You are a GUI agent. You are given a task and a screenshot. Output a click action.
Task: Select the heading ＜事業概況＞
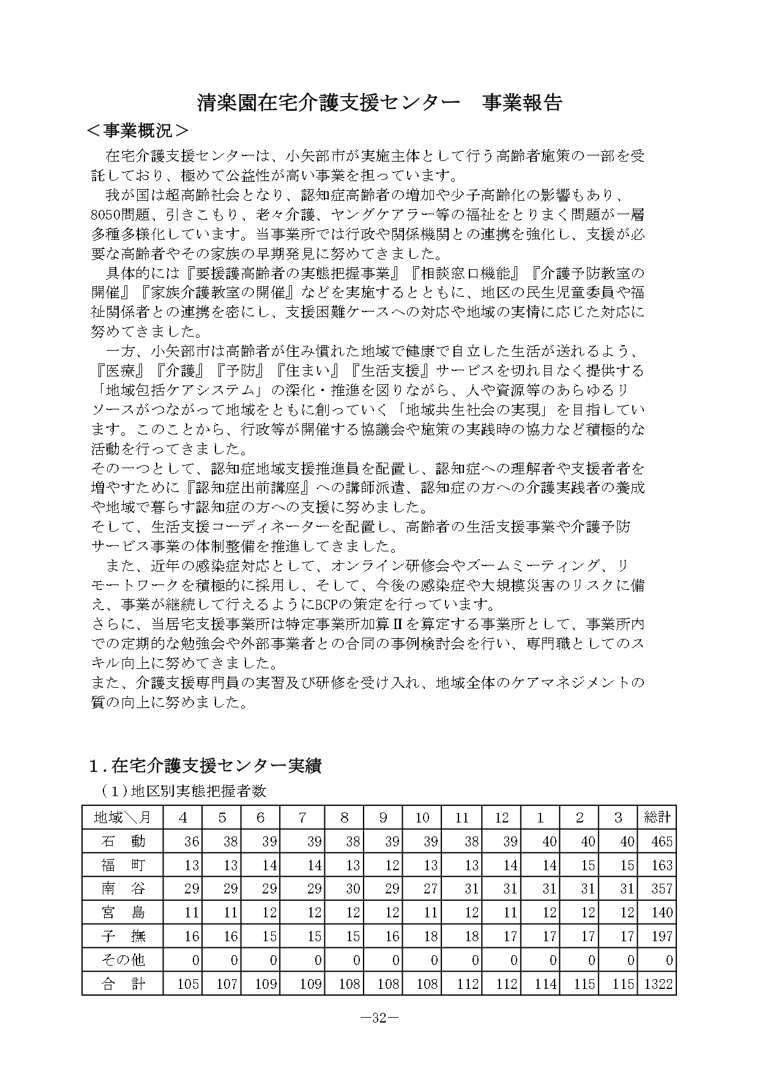coord(137,131)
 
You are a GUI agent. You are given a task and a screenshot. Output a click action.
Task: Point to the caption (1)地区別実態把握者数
coord(184,791)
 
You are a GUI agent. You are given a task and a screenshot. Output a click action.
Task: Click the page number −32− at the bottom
coord(379,1018)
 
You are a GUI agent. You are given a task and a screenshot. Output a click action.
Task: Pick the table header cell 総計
coord(657,817)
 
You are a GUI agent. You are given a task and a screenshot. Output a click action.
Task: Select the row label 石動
coord(122,841)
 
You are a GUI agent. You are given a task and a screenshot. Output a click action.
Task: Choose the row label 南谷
coord(122,889)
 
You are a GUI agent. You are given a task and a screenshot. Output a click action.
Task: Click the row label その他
coord(122,960)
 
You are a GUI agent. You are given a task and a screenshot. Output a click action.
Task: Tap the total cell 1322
coord(659,983)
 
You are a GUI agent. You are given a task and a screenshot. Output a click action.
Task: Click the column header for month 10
coord(422,817)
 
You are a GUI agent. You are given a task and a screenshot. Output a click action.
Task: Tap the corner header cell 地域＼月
coord(122,817)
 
